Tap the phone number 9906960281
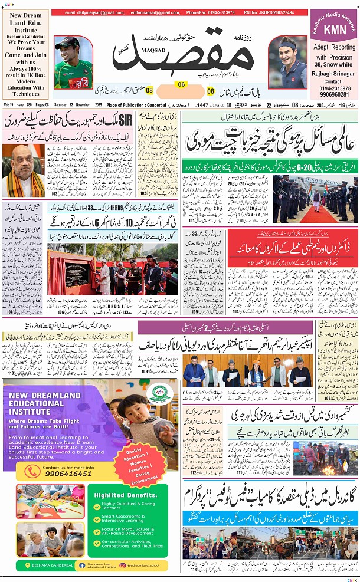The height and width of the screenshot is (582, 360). point(333,94)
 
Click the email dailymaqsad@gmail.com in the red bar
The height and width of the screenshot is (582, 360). point(91,12)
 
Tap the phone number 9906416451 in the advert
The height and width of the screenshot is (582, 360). point(67,473)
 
